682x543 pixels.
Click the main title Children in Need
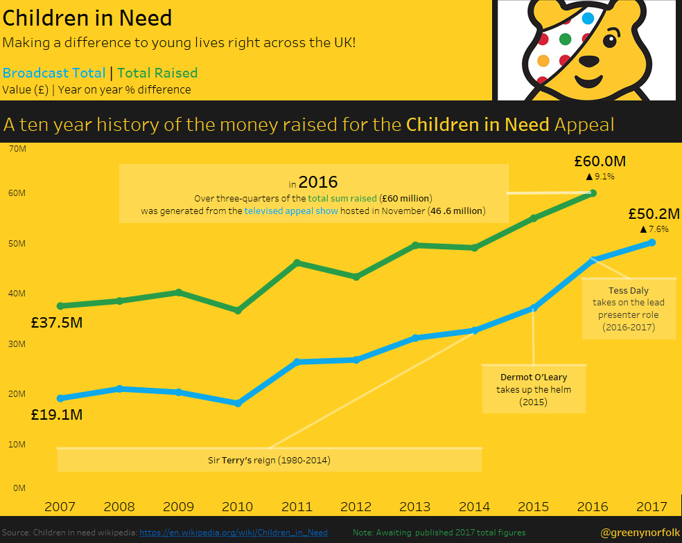coord(87,19)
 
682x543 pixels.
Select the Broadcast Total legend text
coord(54,73)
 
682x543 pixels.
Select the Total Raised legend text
coord(157,73)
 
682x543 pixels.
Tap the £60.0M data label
coord(600,161)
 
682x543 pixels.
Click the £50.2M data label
coord(653,213)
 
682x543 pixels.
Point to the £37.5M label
coord(57,323)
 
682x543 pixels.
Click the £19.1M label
coord(57,415)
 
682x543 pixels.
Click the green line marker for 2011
coord(297,262)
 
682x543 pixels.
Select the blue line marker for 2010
coord(238,403)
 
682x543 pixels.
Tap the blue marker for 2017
coord(652,242)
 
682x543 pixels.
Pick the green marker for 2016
coord(593,193)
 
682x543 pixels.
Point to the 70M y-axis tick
coord(17,148)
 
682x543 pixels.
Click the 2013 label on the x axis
coord(415,507)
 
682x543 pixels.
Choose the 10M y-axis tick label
coord(17,444)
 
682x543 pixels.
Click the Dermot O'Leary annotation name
coord(534,377)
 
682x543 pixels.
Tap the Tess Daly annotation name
coord(628,291)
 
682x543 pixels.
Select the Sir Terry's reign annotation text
coord(269,460)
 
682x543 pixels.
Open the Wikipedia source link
coord(234,533)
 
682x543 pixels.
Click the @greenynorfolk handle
coord(640,533)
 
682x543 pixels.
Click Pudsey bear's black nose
coord(590,61)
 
